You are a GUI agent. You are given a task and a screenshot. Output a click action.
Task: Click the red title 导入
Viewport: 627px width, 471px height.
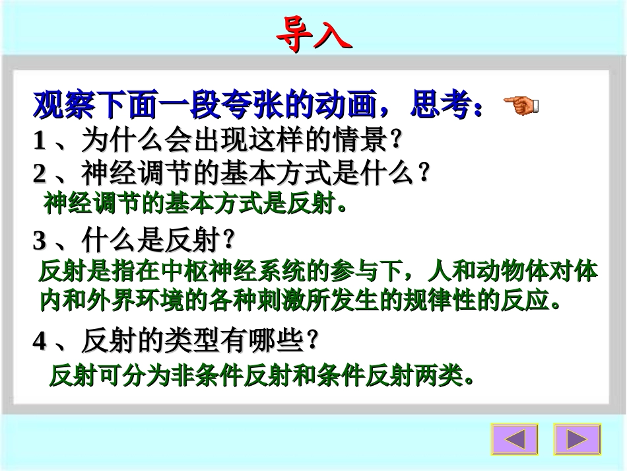coord(313,33)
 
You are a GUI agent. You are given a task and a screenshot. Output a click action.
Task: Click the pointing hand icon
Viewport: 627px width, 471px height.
coord(521,104)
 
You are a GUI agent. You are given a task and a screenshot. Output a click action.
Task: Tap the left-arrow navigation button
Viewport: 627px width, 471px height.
coord(514,439)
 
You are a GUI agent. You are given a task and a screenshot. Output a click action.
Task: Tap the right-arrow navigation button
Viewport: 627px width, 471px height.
coord(577,439)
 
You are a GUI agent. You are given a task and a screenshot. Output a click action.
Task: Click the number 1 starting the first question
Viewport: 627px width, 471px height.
coord(40,141)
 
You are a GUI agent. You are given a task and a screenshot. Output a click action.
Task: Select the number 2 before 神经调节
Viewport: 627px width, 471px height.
coord(40,174)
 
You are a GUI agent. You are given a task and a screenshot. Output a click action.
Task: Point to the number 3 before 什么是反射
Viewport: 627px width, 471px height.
coord(40,242)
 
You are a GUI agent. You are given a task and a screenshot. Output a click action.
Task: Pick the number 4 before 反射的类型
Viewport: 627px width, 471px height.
coord(40,342)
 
